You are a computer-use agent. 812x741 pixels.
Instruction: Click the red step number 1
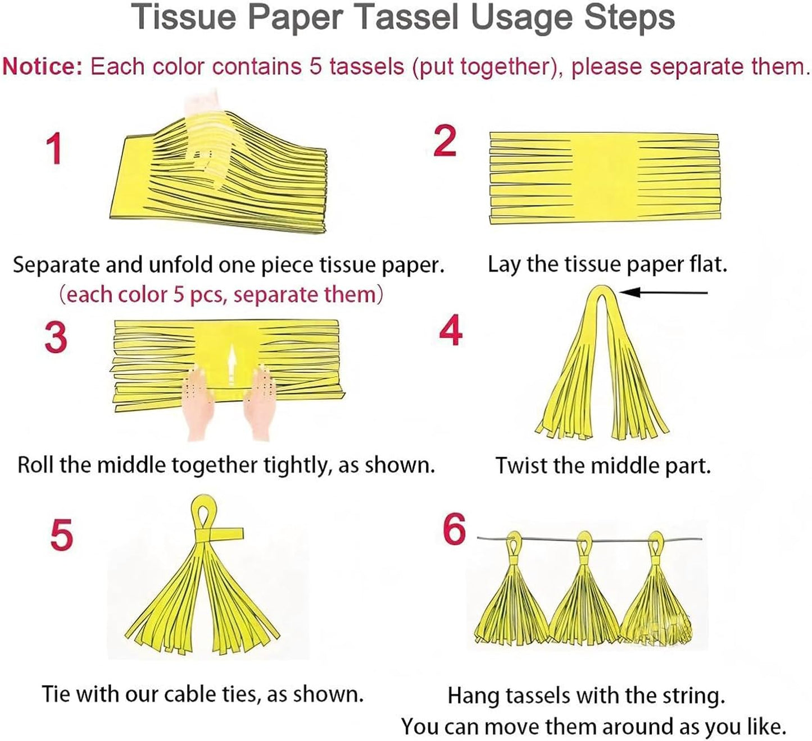(54, 149)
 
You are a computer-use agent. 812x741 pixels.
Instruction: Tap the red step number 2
(445, 141)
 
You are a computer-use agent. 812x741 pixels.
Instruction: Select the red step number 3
(56, 338)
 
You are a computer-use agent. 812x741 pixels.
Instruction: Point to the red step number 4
(451, 331)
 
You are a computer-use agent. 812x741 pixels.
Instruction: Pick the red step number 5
(61, 534)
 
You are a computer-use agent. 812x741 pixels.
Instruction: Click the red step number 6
(454, 529)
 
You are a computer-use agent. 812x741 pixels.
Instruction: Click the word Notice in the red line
(42, 67)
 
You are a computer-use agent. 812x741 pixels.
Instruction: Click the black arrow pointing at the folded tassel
(663, 292)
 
